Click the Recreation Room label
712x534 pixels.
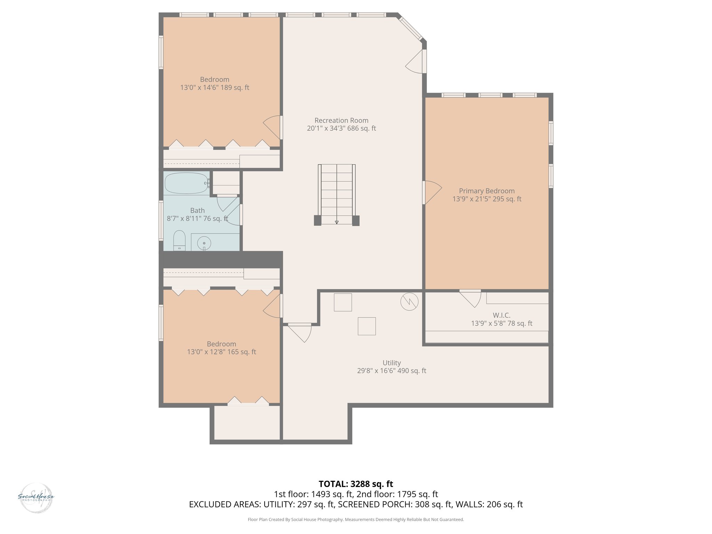(341, 121)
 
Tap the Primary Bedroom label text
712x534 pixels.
(487, 191)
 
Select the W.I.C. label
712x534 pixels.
(501, 315)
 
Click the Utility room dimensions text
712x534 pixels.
(391, 371)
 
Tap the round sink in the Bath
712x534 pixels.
(204, 243)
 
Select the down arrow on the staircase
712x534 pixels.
(337, 222)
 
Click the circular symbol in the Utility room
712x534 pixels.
(409, 301)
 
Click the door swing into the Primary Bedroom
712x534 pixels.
(432, 192)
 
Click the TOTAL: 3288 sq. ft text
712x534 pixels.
(356, 484)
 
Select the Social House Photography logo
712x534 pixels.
(36, 497)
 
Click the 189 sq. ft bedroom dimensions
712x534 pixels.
(215, 88)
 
